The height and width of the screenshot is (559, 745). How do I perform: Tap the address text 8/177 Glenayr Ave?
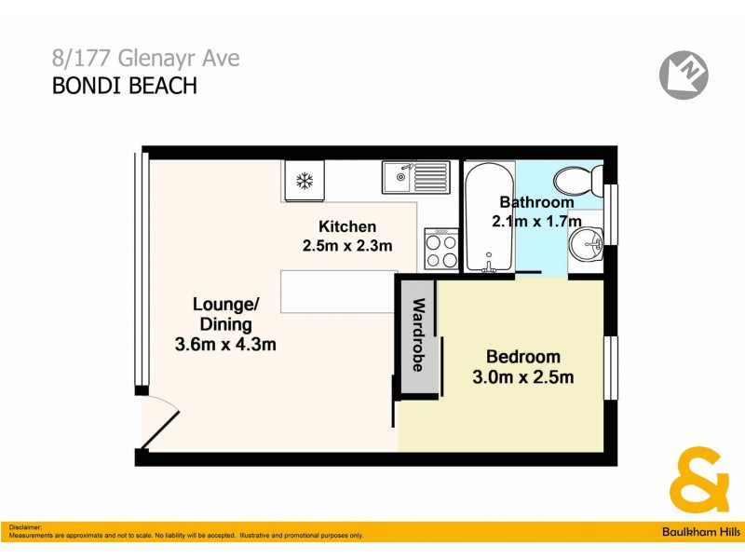point(145,59)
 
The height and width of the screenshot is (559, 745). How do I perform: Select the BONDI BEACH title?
point(124,87)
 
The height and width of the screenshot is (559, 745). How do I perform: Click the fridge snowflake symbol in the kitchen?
point(303,181)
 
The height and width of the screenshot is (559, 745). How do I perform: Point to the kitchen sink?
point(415,176)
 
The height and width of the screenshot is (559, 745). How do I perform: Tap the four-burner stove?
point(441,250)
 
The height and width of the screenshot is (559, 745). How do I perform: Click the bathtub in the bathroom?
point(489,218)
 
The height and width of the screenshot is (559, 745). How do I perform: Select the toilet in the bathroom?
point(577,178)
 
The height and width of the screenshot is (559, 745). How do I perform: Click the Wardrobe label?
point(418,334)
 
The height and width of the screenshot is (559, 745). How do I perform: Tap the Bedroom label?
point(523,357)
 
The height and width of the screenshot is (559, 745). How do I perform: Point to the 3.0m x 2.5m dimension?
point(523,377)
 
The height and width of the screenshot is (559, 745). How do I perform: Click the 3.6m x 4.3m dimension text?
point(225,345)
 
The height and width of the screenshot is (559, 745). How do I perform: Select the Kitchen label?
point(347,226)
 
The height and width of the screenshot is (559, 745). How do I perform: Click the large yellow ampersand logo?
point(699,479)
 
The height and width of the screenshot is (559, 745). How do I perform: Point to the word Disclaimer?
point(26,527)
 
